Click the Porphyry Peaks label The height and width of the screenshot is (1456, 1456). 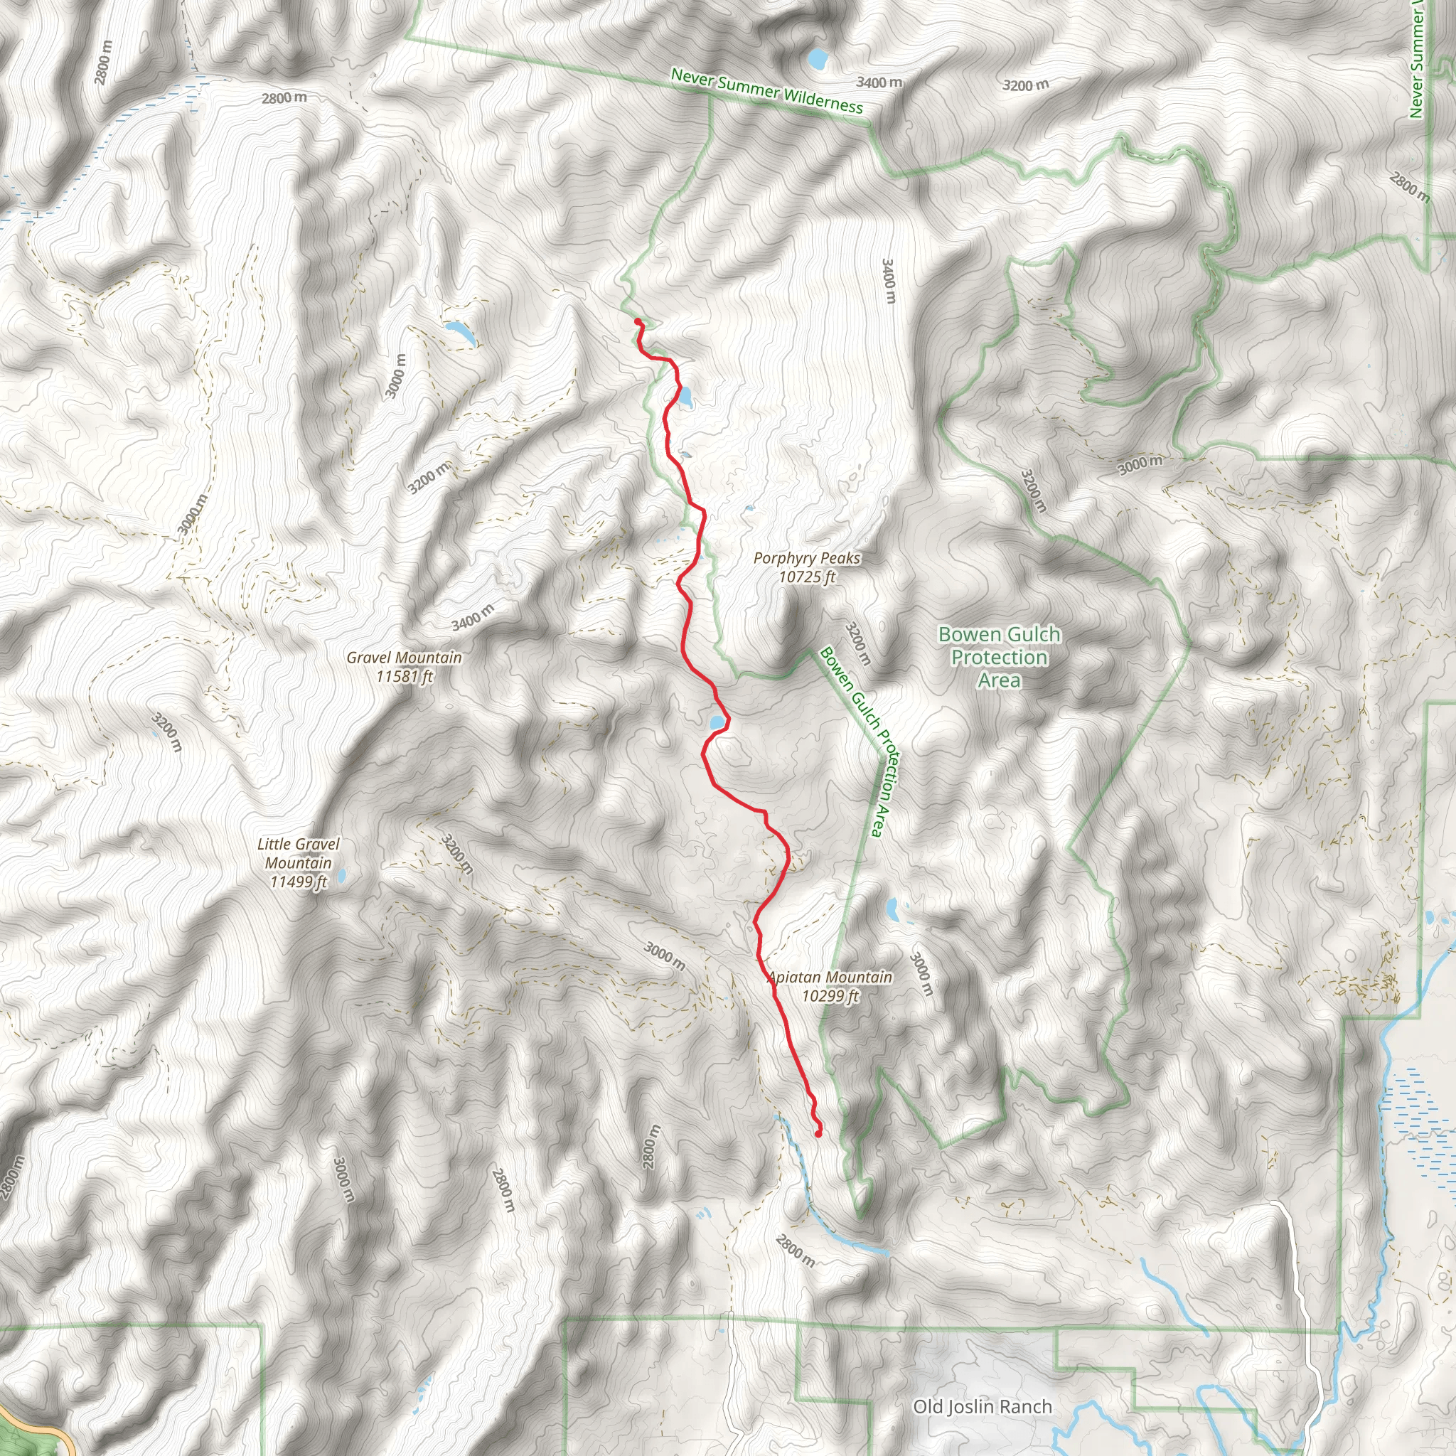[x=806, y=558]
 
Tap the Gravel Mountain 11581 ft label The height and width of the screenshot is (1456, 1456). [x=404, y=667]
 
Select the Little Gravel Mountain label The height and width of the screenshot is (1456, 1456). [x=299, y=853]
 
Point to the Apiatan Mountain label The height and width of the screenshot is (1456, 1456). [x=830, y=978]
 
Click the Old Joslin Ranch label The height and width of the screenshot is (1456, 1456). [x=982, y=1406]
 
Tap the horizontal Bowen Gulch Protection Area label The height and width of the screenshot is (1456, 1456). [x=999, y=657]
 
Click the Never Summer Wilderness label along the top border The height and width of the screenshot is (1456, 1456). [x=766, y=91]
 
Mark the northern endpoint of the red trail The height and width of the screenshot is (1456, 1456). [x=638, y=322]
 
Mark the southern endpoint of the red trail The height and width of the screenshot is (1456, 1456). [x=818, y=1133]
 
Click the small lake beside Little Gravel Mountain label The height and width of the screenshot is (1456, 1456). [x=341, y=876]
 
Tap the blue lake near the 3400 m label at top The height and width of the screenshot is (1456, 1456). [x=817, y=58]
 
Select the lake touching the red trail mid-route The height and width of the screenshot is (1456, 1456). [x=717, y=724]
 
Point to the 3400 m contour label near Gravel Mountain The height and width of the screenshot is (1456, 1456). [x=473, y=617]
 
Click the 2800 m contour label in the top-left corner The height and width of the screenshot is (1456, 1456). [x=104, y=62]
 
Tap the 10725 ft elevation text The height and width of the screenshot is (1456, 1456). [x=806, y=577]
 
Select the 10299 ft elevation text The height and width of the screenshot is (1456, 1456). [x=830, y=996]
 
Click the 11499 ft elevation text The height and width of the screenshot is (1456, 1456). [x=299, y=882]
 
